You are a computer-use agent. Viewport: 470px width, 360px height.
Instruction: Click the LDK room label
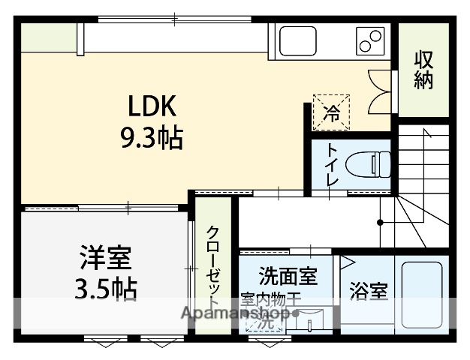[x=156, y=107]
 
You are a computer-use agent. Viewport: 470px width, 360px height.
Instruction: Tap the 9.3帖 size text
[x=151, y=138]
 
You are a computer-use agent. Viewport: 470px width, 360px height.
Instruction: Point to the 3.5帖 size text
[x=106, y=289]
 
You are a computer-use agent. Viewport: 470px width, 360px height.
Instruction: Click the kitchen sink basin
[x=297, y=40]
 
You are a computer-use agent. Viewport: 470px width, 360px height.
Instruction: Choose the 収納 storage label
[x=423, y=70]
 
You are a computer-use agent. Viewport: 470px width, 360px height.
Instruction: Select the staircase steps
[x=422, y=180]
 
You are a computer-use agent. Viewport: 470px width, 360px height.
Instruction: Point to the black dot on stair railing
[x=380, y=222]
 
